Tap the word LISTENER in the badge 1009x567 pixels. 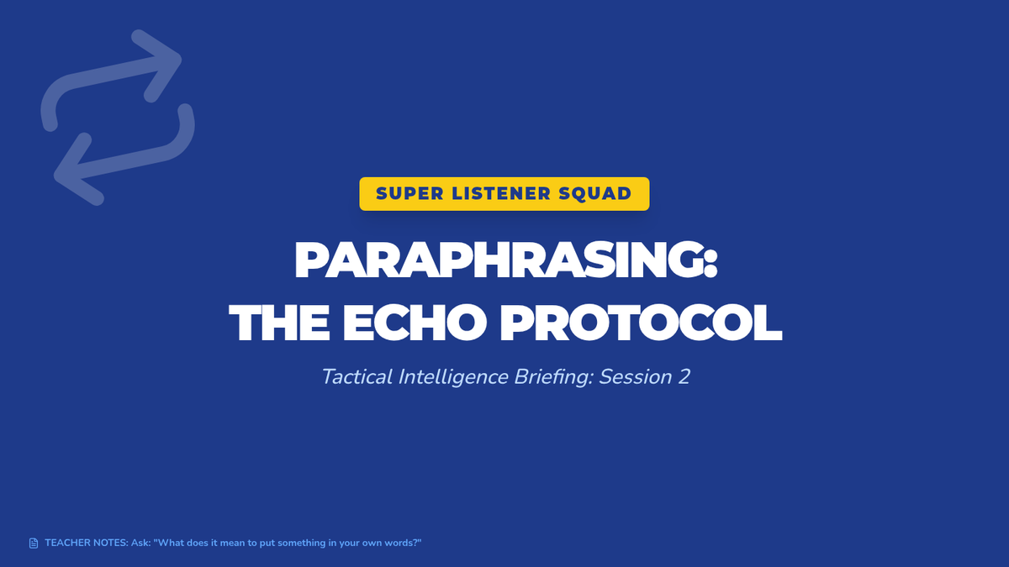[x=501, y=193]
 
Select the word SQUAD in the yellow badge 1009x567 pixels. [x=595, y=193]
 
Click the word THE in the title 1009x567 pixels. [x=279, y=323]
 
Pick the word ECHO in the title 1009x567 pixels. [x=415, y=323]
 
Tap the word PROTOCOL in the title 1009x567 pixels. [x=641, y=323]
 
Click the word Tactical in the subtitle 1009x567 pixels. [x=357, y=376]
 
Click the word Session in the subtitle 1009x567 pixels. [x=636, y=376]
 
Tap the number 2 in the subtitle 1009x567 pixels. [x=684, y=377]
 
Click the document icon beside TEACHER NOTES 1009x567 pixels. [x=34, y=543]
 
